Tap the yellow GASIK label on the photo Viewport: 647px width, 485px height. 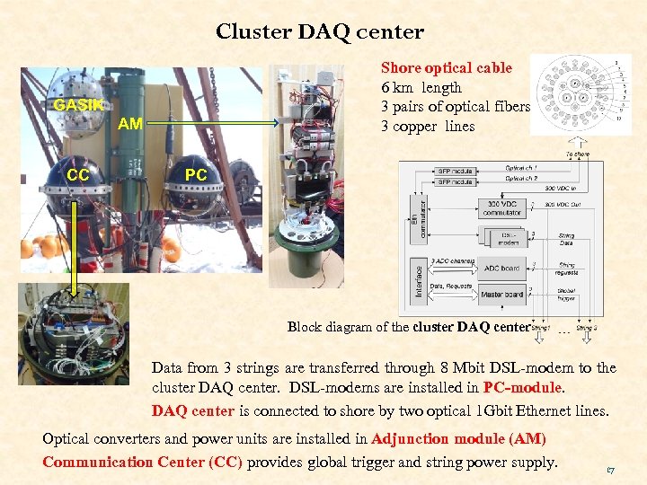[x=78, y=105]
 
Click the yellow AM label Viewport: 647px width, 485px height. [x=130, y=124]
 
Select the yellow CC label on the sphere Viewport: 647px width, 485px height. [x=78, y=175]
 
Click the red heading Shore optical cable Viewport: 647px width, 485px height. [x=447, y=67]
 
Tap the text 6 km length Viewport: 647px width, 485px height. [x=421, y=87]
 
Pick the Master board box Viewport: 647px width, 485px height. [x=501, y=294]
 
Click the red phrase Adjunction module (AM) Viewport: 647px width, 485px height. [x=458, y=439]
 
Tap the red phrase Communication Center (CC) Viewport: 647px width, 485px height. [x=142, y=463]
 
